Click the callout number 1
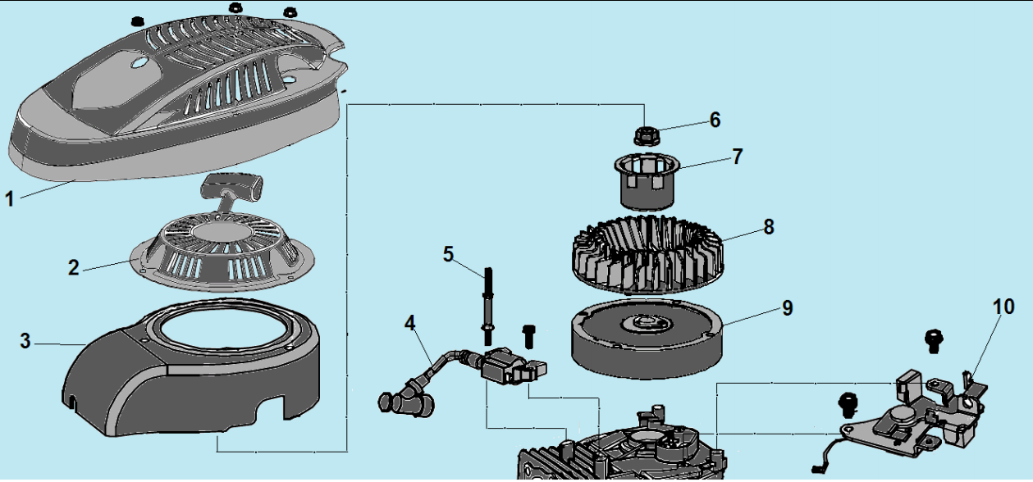(10, 198)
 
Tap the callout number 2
(74, 267)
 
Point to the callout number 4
(410, 323)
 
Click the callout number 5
(448, 253)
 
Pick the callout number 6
(715, 120)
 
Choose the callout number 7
(737, 156)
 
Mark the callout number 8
(768, 227)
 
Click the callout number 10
(1003, 307)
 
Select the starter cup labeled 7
(647, 180)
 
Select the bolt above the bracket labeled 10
(933, 339)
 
